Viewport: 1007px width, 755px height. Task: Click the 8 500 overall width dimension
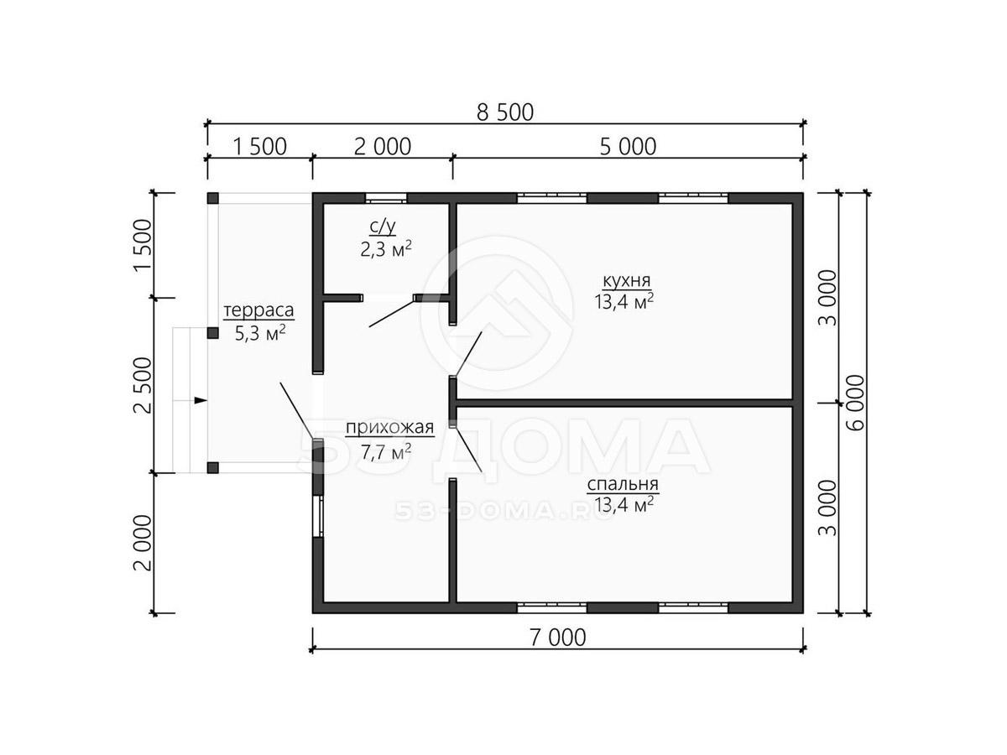[504, 112]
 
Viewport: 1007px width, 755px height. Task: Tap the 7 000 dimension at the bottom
[557, 638]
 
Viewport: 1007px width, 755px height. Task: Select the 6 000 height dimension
[856, 403]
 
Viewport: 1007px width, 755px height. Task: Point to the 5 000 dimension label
[628, 147]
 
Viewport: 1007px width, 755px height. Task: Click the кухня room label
[626, 280]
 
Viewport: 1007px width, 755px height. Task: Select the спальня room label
[622, 484]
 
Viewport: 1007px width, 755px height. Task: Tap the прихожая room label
[389, 427]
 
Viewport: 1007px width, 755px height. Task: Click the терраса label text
[258, 310]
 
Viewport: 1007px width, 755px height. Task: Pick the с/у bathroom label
[382, 226]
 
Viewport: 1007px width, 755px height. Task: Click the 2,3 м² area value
[385, 249]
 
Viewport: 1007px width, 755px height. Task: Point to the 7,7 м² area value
[385, 452]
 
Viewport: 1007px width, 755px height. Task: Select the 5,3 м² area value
[259, 333]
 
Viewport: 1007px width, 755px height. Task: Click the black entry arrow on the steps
[201, 400]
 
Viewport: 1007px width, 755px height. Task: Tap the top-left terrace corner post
[212, 199]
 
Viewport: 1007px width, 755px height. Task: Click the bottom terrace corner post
[212, 467]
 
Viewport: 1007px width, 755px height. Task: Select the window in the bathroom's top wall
[386, 199]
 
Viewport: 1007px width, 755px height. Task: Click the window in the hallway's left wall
[318, 516]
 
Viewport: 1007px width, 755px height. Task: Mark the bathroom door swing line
[392, 314]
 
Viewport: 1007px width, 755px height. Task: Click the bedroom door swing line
[467, 450]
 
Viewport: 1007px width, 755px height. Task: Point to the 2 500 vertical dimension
[143, 385]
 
